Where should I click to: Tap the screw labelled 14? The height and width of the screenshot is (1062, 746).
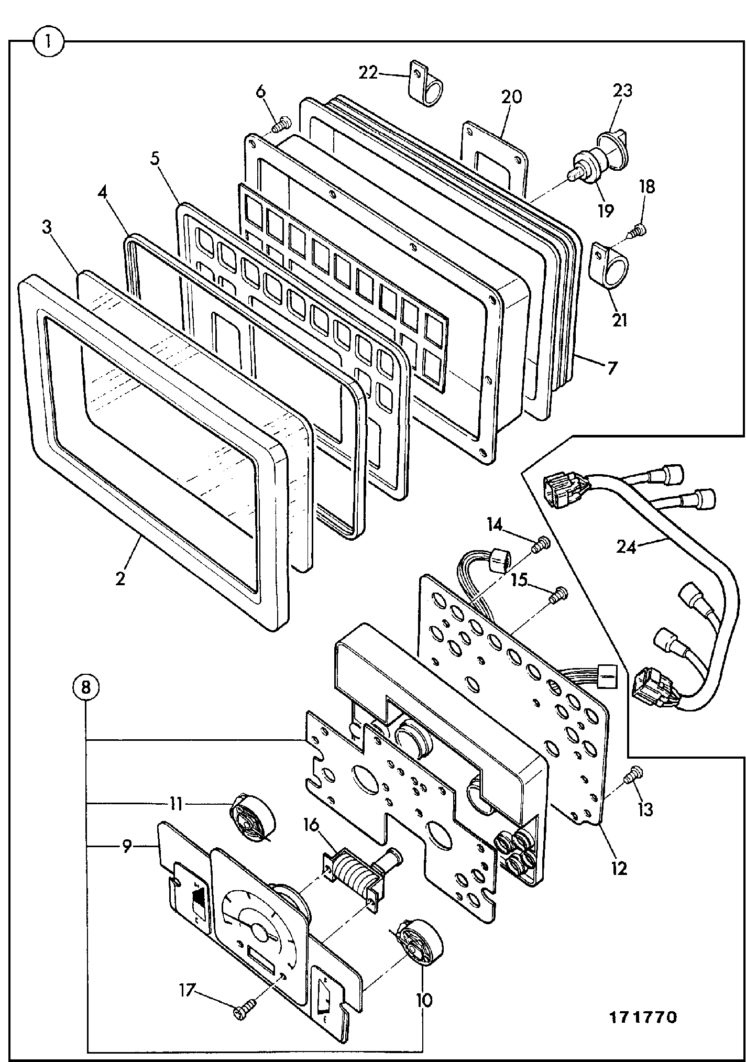(541, 545)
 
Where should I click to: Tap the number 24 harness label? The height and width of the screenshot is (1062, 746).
(626, 548)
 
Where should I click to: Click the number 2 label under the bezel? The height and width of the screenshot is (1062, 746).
(120, 579)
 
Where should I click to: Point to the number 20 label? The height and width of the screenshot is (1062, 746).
(511, 97)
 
